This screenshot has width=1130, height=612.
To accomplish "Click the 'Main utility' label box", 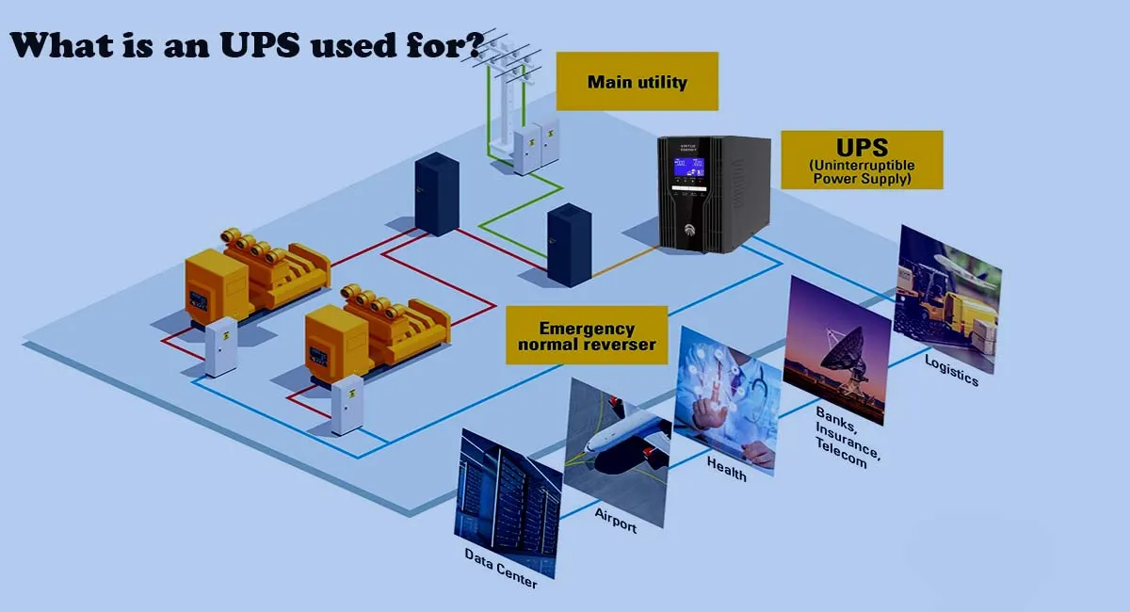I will (637, 82).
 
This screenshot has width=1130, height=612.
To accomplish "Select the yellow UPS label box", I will (862, 160).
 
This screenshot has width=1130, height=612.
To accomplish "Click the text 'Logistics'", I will (951, 370).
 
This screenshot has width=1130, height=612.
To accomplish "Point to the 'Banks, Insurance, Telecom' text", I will (847, 437).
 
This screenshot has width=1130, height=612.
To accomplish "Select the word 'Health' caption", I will (726, 469).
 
